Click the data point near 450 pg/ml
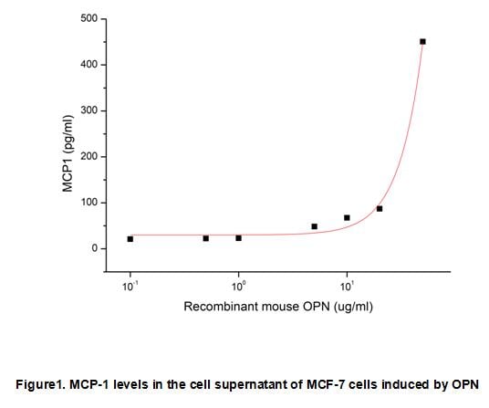click(x=422, y=42)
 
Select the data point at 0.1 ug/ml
click(x=130, y=239)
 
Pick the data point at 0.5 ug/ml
click(x=206, y=238)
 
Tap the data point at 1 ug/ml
click(x=239, y=238)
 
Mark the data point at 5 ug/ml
click(x=314, y=226)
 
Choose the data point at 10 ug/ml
click(x=347, y=217)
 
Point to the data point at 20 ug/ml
click(x=380, y=209)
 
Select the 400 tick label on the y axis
click(x=90, y=65)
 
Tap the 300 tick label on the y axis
click(x=90, y=111)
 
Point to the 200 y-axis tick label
click(x=90, y=157)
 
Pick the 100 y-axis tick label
click(x=90, y=203)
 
